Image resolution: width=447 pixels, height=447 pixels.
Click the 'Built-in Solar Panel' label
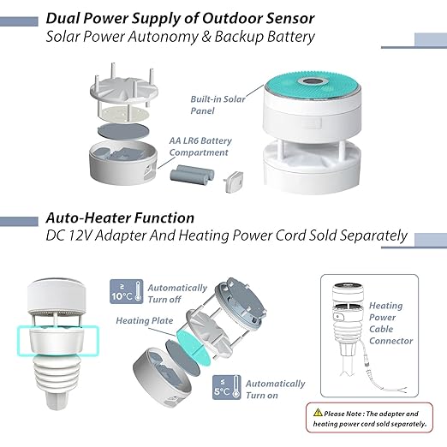tap(218, 104)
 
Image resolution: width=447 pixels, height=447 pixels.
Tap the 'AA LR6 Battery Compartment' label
tap(200, 146)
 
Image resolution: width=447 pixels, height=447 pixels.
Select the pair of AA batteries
tap(193, 173)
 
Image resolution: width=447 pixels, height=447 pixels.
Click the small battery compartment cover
tap(234, 182)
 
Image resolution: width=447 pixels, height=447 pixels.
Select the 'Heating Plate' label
tap(145, 320)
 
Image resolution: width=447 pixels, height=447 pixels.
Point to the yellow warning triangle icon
tap(318, 413)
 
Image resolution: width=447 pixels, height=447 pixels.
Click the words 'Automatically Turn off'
tap(177, 294)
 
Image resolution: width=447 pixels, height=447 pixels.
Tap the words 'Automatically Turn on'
tap(275, 390)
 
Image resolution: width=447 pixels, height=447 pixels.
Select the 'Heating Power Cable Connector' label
tap(390, 323)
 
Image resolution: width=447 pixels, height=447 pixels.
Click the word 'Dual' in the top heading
tap(63, 19)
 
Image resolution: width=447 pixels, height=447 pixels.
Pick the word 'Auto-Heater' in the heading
tap(87, 218)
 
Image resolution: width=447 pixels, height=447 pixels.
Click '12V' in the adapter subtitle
tap(81, 235)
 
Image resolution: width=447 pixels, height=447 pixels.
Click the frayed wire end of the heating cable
tap(400, 390)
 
